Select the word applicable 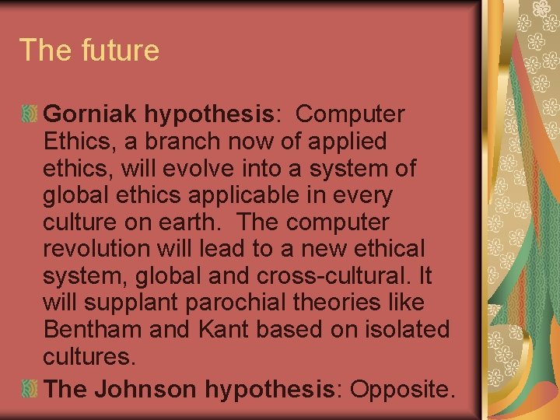click(235, 195)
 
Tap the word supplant click(124, 303)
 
